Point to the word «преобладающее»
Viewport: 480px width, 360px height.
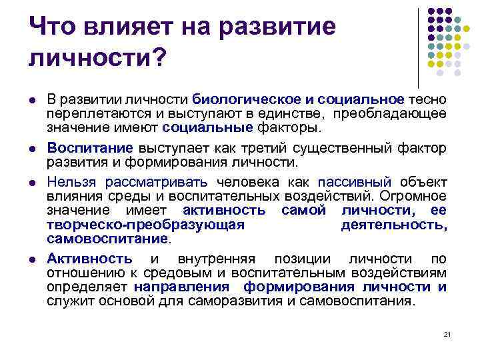pyautogui.click(x=391, y=113)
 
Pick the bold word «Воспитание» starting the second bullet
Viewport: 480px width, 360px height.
pyautogui.click(x=90, y=147)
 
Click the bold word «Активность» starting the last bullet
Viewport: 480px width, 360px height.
pyautogui.click(x=89, y=259)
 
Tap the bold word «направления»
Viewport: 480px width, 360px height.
pyautogui.click(x=181, y=287)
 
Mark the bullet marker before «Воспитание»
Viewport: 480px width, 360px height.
pyautogui.click(x=33, y=148)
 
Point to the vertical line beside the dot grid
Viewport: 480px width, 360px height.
pyautogui.click(x=418, y=47)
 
